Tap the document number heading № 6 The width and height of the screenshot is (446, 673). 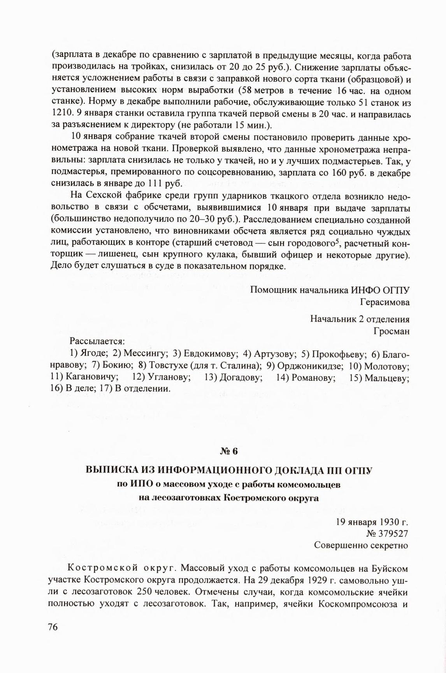[228, 452]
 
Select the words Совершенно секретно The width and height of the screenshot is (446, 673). [361, 545]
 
